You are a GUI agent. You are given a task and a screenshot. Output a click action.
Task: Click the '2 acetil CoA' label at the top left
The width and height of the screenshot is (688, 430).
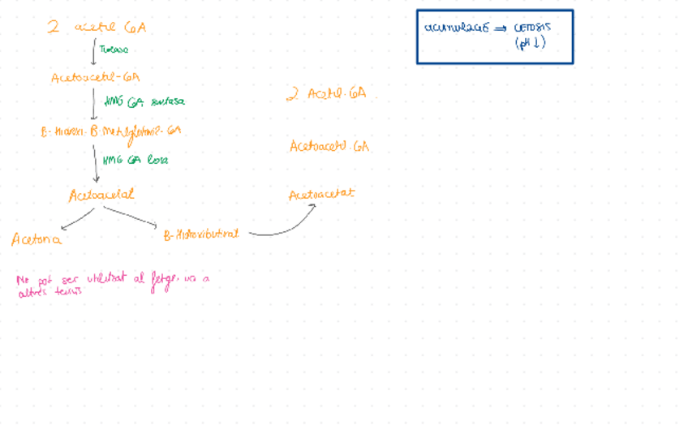click(x=97, y=28)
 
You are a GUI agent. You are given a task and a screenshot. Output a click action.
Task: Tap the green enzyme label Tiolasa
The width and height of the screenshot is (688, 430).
click(x=114, y=49)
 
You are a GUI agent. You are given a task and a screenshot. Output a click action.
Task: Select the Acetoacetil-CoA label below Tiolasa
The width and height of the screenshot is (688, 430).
click(x=96, y=78)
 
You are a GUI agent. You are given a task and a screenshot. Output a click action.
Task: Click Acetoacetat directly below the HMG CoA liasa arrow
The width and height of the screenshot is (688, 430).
click(x=101, y=195)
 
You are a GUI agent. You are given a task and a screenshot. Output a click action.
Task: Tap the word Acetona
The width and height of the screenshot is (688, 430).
click(x=37, y=239)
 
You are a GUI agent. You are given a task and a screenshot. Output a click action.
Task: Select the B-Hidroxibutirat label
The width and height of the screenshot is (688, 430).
click(x=201, y=234)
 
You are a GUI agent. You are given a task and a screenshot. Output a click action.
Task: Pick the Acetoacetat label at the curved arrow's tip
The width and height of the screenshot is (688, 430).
click(x=321, y=195)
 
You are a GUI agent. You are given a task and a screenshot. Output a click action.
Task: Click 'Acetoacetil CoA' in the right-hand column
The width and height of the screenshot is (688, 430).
click(x=329, y=147)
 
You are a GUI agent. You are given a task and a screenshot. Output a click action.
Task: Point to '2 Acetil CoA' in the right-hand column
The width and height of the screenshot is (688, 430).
click(x=326, y=94)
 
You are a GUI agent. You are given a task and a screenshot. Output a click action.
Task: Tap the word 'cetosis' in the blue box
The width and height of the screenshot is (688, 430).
click(x=532, y=27)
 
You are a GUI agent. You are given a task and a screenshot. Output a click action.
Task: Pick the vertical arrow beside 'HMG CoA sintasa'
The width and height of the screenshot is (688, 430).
click(x=94, y=104)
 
